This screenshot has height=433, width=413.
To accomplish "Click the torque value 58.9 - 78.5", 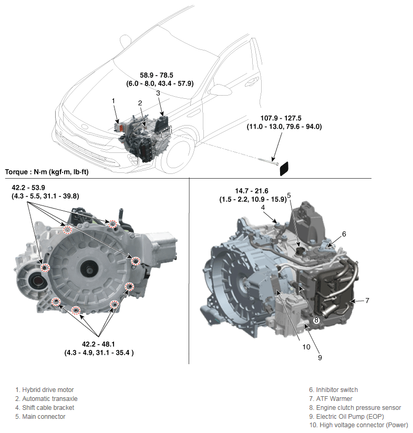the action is [x=157, y=75].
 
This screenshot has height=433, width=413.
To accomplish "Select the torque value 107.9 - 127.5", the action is [x=281, y=118].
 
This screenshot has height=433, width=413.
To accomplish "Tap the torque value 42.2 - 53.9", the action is [x=28, y=188].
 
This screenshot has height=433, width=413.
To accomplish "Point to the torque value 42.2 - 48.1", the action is [x=98, y=344].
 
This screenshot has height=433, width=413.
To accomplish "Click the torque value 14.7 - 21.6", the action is [x=252, y=191].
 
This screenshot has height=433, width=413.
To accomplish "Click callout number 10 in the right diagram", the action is [x=306, y=347].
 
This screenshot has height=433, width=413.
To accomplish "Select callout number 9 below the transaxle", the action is [x=320, y=358].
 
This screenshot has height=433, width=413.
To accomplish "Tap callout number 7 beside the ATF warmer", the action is [x=367, y=301].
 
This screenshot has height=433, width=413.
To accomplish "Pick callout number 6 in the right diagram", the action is [x=344, y=234].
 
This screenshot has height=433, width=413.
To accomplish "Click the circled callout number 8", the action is [x=316, y=321].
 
